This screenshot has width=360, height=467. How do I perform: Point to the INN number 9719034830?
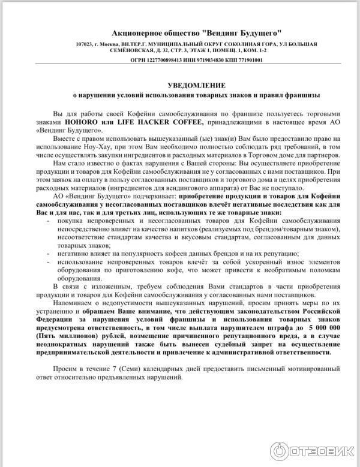203,60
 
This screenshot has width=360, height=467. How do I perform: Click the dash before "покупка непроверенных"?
47,221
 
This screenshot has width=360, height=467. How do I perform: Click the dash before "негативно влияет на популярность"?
47,254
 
